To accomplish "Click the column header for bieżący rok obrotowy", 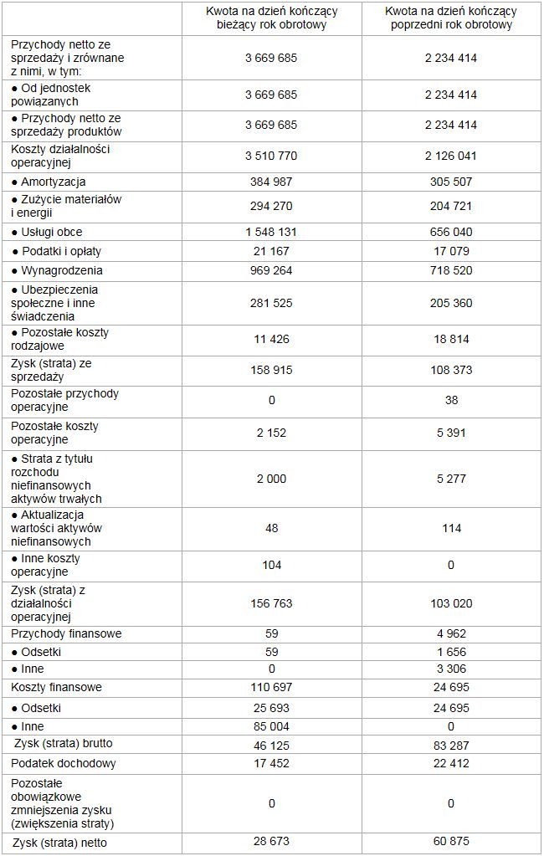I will click(x=271, y=18).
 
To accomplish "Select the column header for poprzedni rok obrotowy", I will click(x=450, y=18).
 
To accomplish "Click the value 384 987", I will click(x=271, y=182).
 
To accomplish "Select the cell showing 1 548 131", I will click(x=271, y=232).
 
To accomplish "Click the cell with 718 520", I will click(x=450, y=270).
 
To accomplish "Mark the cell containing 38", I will click(x=451, y=400).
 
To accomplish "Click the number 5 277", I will click(x=450, y=479).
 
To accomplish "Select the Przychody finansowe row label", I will click(x=66, y=633).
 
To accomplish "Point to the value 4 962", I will click(x=450, y=633).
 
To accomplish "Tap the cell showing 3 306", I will click(x=450, y=669).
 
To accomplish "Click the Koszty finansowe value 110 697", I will click(x=271, y=687).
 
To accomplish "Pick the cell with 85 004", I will click(x=271, y=726).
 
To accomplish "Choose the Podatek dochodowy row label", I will click(x=64, y=763).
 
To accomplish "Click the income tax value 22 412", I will click(x=450, y=763).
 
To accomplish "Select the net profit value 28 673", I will click(x=271, y=842).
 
